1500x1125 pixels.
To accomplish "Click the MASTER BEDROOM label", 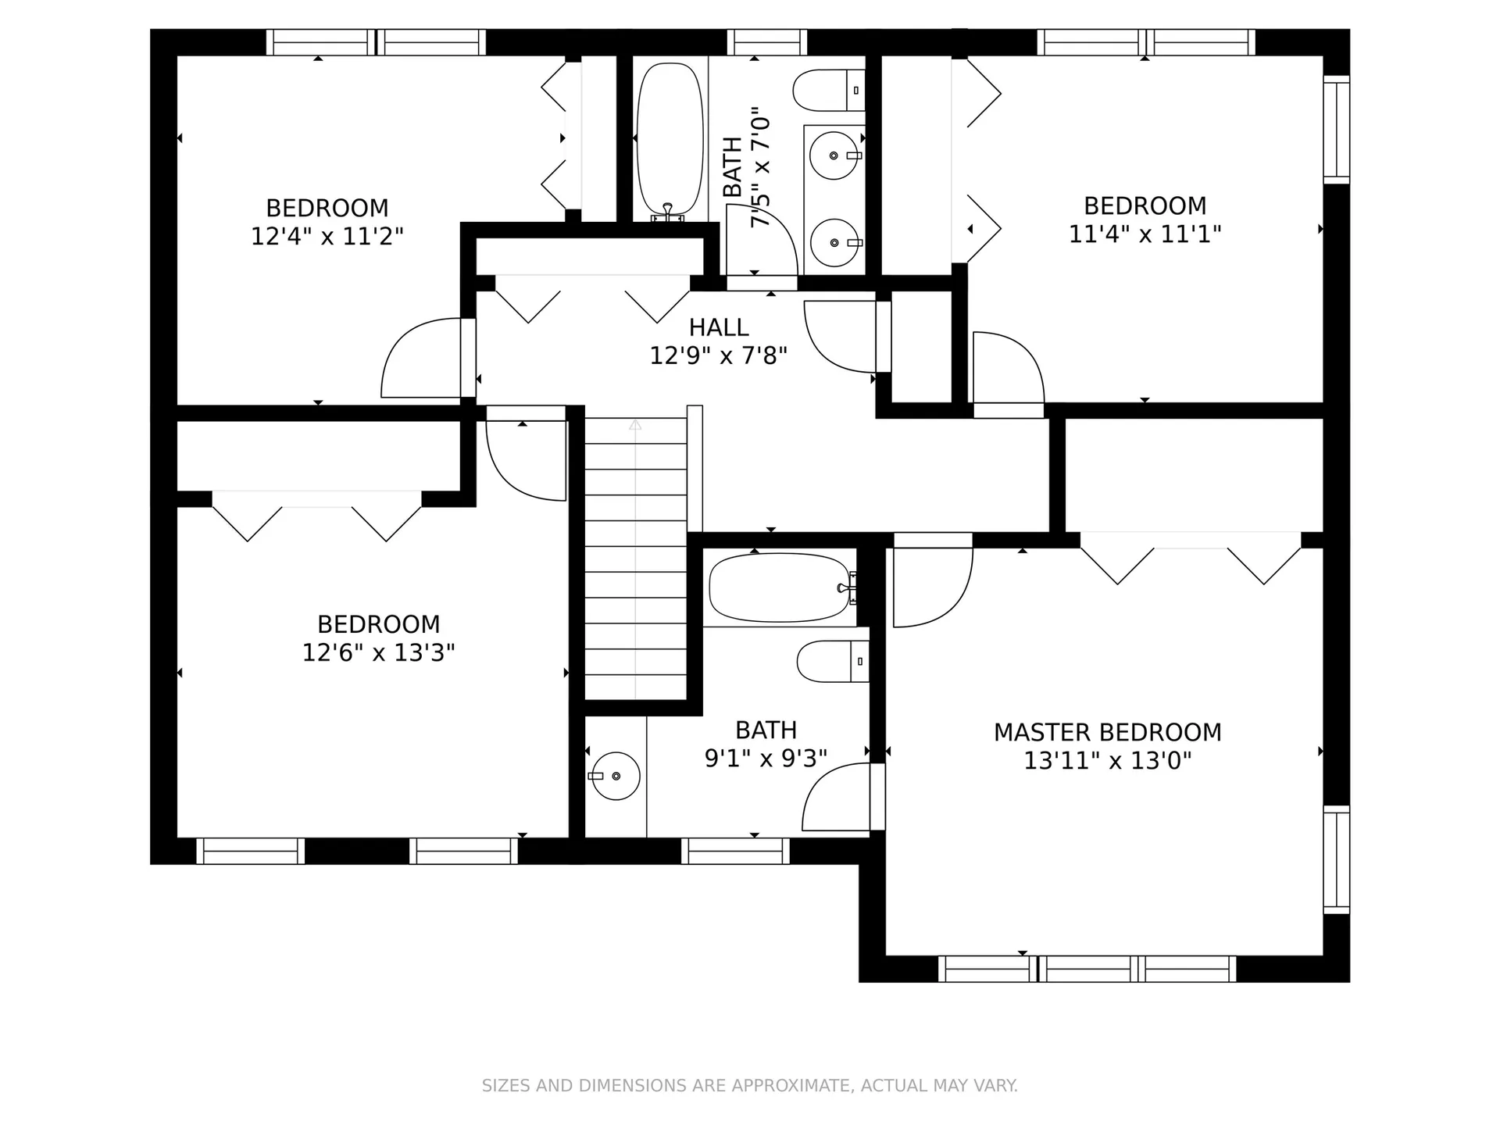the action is coord(1107,732).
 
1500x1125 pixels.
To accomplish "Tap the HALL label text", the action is coord(719,327).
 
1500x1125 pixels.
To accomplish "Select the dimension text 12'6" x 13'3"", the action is coord(378,652).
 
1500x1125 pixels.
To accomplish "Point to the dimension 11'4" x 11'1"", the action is coord(1145,234).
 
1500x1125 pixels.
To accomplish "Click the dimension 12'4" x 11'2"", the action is coord(327,236).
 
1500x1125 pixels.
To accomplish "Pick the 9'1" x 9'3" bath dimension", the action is coord(766,758).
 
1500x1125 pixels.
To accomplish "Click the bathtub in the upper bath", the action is coord(670,139).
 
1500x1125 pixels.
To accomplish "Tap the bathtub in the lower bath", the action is coord(780,587).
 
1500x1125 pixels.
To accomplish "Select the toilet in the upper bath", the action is coord(829,91).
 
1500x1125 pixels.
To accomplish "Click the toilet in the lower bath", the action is coord(833,661).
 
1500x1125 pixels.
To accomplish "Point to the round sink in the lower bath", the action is coord(616,776).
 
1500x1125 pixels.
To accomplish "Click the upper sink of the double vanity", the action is coord(835,155).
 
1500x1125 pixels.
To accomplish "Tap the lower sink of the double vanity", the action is coord(835,242).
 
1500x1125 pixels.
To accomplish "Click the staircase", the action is coord(635,559).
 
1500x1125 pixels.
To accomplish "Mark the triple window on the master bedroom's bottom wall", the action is coord(1087,969).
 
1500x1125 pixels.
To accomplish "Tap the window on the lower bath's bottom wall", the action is coord(735,851).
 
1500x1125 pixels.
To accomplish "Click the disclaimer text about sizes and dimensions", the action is coord(749,1085).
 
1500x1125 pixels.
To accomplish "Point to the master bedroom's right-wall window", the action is coord(1336,859).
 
